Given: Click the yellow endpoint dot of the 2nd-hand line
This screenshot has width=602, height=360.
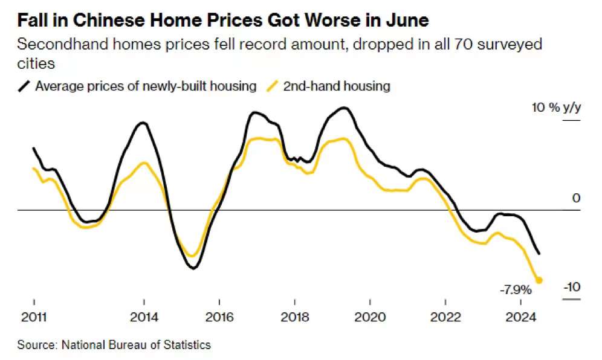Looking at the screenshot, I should tap(539, 280).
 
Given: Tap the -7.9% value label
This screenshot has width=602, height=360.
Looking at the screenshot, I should tap(515, 289).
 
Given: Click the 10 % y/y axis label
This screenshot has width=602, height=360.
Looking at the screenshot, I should tap(555, 108).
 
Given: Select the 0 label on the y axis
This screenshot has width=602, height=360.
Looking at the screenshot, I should tap(576, 198).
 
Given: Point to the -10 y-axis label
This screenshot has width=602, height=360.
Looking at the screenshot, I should tap(571, 286).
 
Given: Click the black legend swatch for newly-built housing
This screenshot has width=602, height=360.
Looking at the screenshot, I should tap(24, 86).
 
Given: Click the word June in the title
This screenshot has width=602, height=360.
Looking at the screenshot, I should tap(408, 21).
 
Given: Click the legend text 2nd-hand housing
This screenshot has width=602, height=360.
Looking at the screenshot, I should tap(337, 86).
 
